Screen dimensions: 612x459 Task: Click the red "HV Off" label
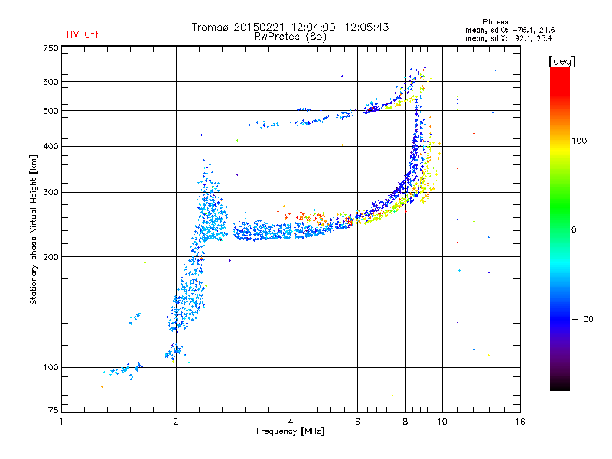click(x=83, y=34)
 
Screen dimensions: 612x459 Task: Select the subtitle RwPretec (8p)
click(x=290, y=37)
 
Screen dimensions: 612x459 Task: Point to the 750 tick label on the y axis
click(x=50, y=48)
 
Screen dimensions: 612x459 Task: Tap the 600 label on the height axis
click(x=50, y=82)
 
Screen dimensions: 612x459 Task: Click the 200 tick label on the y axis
click(x=50, y=257)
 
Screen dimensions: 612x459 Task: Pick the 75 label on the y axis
click(x=54, y=410)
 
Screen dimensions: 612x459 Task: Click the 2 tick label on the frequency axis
click(x=176, y=422)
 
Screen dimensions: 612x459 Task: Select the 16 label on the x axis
click(x=520, y=422)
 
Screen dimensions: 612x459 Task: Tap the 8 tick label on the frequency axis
click(x=405, y=422)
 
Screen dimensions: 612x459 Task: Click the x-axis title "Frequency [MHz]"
click(x=290, y=431)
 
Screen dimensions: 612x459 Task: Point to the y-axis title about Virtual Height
click(x=33, y=229)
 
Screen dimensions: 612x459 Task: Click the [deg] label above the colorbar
click(x=562, y=61)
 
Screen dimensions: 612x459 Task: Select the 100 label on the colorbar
click(x=579, y=141)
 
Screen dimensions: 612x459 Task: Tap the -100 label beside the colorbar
click(x=582, y=319)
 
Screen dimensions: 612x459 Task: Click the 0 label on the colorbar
click(x=574, y=230)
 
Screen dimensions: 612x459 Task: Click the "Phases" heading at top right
click(x=495, y=22)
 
